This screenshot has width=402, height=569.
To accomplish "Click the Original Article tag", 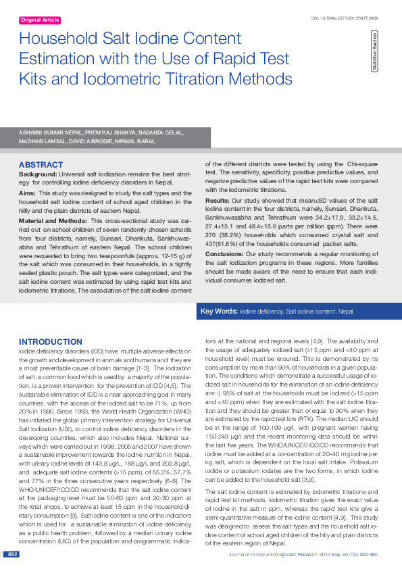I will pos(40,20).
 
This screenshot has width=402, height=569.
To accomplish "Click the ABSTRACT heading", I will pos(41,165).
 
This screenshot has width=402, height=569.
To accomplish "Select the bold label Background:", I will pos(38,174).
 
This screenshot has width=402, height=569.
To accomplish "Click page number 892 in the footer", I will pos(11,554).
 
